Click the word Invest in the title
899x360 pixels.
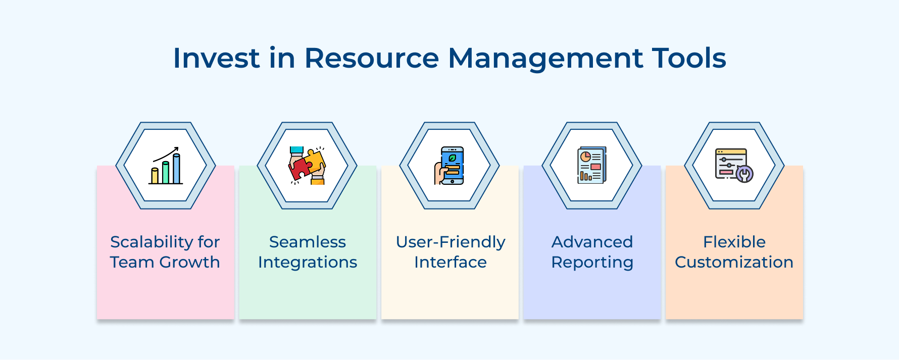click(216, 58)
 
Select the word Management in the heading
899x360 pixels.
click(545, 58)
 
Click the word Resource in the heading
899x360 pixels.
click(371, 58)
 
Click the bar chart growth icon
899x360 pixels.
click(166, 166)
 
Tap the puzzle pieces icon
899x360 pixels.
click(307, 166)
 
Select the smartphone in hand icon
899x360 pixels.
click(450, 166)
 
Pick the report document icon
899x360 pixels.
click(592, 166)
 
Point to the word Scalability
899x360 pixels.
click(152, 242)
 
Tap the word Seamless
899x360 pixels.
click(307, 242)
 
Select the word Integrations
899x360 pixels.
click(307, 263)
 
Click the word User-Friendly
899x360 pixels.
click(450, 242)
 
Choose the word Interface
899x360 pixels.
click(450, 263)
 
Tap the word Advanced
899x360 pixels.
click(592, 242)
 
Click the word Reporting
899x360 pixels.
click(592, 263)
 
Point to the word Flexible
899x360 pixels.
click(734, 242)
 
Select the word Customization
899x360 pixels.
click(734, 263)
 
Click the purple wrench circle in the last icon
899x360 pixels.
click(744, 174)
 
